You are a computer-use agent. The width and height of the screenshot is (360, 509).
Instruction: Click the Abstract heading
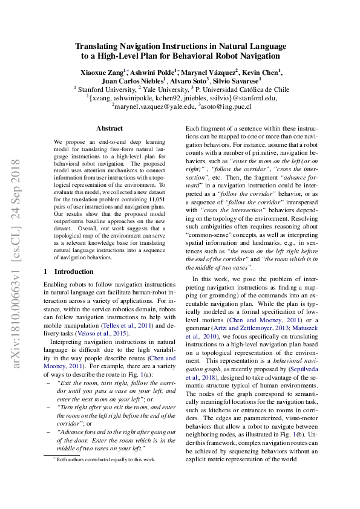110,128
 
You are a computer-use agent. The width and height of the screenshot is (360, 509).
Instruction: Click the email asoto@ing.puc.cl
224,106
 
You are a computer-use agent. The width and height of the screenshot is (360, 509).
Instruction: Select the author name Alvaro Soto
187,80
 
